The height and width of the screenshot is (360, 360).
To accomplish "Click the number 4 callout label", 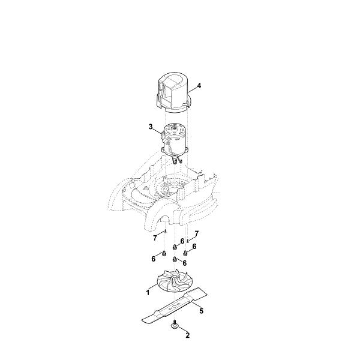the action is tap(199, 86).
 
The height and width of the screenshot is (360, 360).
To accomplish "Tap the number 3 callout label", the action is tap(151, 127).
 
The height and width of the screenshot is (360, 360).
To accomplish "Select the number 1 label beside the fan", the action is tap(148, 293).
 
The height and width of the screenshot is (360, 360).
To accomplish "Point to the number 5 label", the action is tap(202, 311).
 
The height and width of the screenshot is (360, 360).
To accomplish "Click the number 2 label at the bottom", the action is tap(188, 335).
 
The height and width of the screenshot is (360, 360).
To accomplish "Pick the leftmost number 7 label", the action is tap(155, 238).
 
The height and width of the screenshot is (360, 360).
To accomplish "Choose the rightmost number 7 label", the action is tap(197, 234).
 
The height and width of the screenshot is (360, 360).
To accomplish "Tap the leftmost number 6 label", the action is tap(154, 259).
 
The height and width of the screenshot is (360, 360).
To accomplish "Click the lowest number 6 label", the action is tap(184, 263).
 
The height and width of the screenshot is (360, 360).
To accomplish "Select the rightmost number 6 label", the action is tap(194, 247).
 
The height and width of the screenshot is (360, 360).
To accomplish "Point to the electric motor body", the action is tap(175, 140).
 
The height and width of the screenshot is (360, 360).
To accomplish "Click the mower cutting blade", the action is tap(175, 307).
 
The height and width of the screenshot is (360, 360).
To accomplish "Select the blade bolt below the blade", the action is tap(175, 325).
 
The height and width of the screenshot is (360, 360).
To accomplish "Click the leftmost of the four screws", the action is tap(164, 253).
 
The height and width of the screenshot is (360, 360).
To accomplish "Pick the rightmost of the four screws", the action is tap(185, 253).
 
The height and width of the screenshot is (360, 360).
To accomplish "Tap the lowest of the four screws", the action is tap(175, 259).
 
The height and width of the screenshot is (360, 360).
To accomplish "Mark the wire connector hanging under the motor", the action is tap(177, 159).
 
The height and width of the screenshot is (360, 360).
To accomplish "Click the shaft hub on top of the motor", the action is tap(175, 126).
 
